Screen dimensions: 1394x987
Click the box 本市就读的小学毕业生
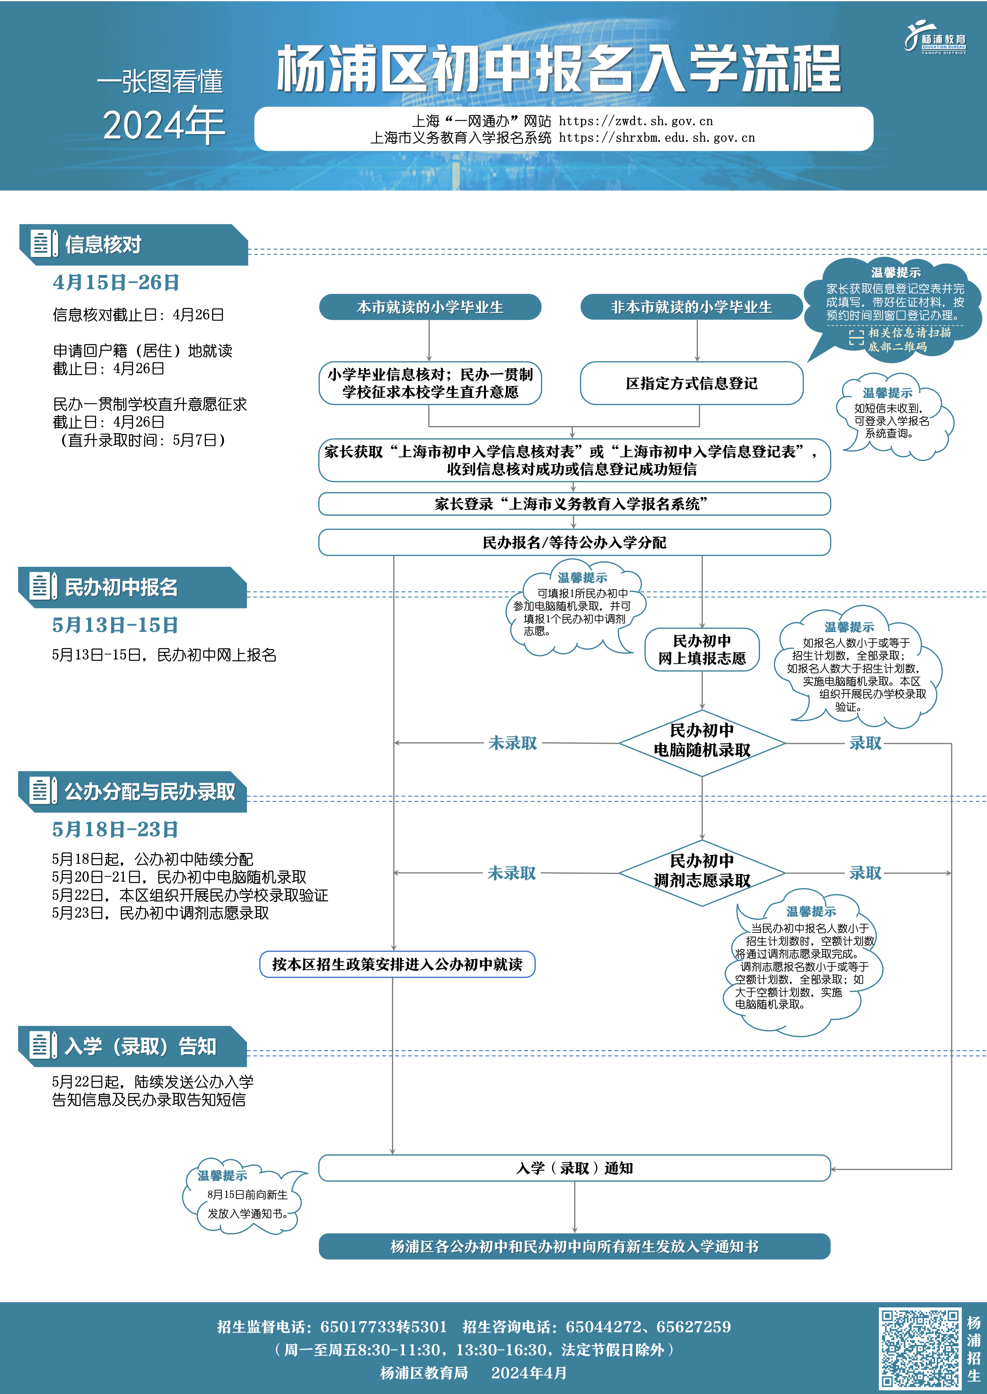(x=430, y=307)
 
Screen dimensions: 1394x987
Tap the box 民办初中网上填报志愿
(x=702, y=649)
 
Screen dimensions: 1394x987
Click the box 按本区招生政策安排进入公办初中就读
(x=397, y=964)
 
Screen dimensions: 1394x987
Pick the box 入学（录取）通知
(x=574, y=1168)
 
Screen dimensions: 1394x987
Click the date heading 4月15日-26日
(x=116, y=282)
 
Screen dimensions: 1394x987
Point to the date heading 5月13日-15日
(x=115, y=625)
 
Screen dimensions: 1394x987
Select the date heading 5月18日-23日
(x=115, y=829)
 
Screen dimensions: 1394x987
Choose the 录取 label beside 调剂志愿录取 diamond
(x=865, y=873)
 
